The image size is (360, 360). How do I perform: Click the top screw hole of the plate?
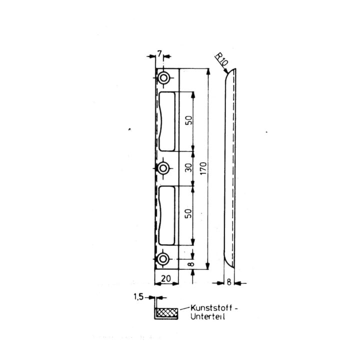click(x=163, y=78)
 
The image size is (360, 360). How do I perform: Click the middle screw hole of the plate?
click(x=163, y=168)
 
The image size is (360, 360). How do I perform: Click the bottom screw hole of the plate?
click(x=163, y=259)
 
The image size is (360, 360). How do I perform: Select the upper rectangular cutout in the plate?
click(x=167, y=121)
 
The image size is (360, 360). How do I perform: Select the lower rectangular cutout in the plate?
click(x=167, y=215)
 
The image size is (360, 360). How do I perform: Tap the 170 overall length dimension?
click(x=203, y=168)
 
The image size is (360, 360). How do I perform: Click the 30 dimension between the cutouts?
click(x=188, y=168)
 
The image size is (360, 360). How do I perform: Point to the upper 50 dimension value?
click(x=188, y=120)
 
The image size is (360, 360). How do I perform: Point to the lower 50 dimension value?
click(x=188, y=213)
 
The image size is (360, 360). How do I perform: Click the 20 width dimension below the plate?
click(x=166, y=278)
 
